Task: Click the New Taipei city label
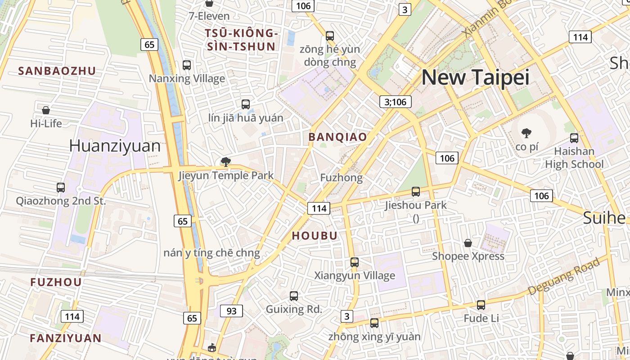click(475, 77)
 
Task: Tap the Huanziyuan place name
click(115, 146)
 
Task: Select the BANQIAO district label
click(337, 137)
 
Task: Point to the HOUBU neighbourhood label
click(315, 236)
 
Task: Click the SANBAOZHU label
click(57, 71)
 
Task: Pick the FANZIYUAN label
click(66, 338)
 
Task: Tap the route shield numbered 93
click(231, 311)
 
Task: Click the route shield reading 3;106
click(396, 102)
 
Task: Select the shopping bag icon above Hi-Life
click(46, 110)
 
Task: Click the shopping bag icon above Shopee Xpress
click(468, 243)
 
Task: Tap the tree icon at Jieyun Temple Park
click(226, 162)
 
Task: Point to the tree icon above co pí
click(526, 133)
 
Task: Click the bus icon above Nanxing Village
click(187, 65)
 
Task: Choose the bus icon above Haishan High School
click(574, 138)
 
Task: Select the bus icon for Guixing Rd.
click(294, 296)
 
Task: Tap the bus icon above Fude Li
click(481, 305)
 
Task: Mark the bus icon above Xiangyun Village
click(355, 262)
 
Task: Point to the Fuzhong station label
click(341, 178)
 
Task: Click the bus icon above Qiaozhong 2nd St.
click(61, 187)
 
